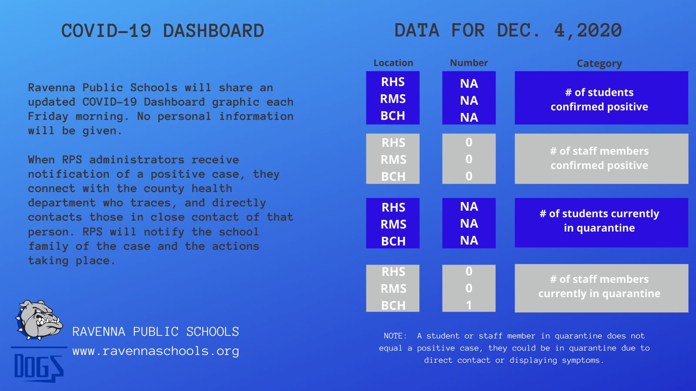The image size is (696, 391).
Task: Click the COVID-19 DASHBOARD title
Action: [163, 31]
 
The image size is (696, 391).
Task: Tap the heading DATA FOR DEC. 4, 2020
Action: [508, 31]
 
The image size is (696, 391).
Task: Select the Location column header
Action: [393, 63]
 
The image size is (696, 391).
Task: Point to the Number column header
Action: [469, 63]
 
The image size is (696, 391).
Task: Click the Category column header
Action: [599, 63]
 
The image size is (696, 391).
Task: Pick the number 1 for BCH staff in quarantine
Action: [469, 305]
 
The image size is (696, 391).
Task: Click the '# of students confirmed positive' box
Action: [601, 98]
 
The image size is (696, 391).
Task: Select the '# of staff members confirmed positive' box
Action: [601, 159]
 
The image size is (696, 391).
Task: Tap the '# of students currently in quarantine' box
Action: [601, 222]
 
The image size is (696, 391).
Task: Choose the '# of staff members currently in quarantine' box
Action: [601, 288]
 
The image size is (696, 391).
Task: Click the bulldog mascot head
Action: [39, 320]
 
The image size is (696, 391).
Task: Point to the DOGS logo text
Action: [39, 367]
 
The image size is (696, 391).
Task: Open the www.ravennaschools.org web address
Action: [156, 351]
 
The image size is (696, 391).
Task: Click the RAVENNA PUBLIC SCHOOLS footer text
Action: [156, 332]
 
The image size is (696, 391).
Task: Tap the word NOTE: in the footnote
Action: [395, 336]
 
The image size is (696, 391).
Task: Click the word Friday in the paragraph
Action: [48, 117]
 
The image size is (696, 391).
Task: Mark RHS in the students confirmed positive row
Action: [393, 82]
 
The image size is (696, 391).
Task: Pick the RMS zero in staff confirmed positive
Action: [469, 159]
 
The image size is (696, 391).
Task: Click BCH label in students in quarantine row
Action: [393, 241]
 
